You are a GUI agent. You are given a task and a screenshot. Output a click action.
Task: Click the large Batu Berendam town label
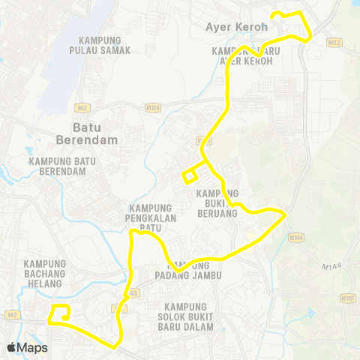coord(84,133)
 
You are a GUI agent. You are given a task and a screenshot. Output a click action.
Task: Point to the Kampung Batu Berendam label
coord(57,166)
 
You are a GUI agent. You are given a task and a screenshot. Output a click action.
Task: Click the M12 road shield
coord(334,43)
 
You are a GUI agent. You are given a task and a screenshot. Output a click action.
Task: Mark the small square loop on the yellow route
coord(190,177)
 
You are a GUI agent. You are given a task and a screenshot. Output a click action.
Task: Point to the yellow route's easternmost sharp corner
coord(286,215)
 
